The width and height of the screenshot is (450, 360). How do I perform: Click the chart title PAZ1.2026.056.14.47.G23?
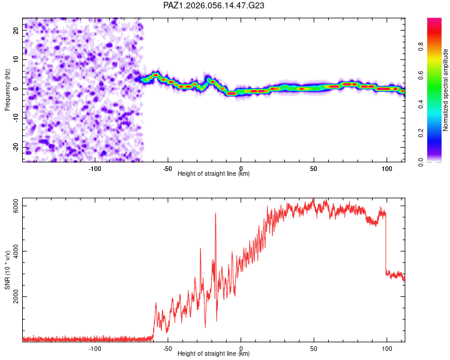pos(214,5)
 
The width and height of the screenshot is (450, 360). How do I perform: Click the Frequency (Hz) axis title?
pos(7,89)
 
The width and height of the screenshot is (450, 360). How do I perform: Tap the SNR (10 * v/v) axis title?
pos(7,270)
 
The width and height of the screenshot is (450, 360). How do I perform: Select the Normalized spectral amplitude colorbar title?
pos(445,90)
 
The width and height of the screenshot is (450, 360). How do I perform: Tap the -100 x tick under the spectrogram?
pos(95,169)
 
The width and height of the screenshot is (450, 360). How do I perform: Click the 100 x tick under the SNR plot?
pos(386,349)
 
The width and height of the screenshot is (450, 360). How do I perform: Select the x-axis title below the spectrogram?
pos(214,174)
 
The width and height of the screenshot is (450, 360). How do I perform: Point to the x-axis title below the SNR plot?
pos(214,354)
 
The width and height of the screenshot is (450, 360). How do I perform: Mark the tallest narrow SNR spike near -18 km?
pos(215,214)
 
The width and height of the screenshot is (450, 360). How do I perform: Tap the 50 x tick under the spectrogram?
pos(313,169)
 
